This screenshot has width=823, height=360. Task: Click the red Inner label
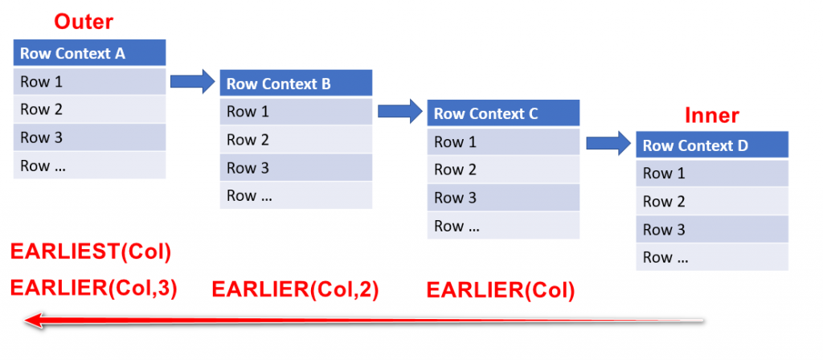pyautogui.click(x=711, y=115)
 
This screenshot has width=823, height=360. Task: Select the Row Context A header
pyautogui.click(x=89, y=54)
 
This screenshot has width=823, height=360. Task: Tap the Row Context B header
pyautogui.click(x=296, y=84)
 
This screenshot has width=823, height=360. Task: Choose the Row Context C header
pyautogui.click(x=503, y=113)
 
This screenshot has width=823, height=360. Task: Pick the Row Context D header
pyautogui.click(x=711, y=145)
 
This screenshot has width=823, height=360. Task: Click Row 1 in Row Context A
pyautogui.click(x=89, y=81)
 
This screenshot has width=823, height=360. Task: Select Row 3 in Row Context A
pyautogui.click(x=89, y=137)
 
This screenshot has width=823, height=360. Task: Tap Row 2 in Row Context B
pyautogui.click(x=296, y=140)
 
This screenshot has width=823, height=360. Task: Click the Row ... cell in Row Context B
pyautogui.click(x=296, y=195)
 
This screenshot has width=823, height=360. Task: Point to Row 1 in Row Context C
pyautogui.click(x=503, y=142)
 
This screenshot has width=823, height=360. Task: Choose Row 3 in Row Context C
pyautogui.click(x=503, y=198)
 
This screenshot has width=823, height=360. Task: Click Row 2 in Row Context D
pyautogui.click(x=711, y=202)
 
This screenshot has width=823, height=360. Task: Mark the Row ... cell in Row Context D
pyautogui.click(x=711, y=257)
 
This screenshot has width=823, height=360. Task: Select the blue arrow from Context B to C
pyautogui.click(x=400, y=110)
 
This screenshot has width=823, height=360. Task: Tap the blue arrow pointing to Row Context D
pyautogui.click(x=608, y=143)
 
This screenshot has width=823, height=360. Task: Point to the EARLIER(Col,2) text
pyautogui.click(x=295, y=288)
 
